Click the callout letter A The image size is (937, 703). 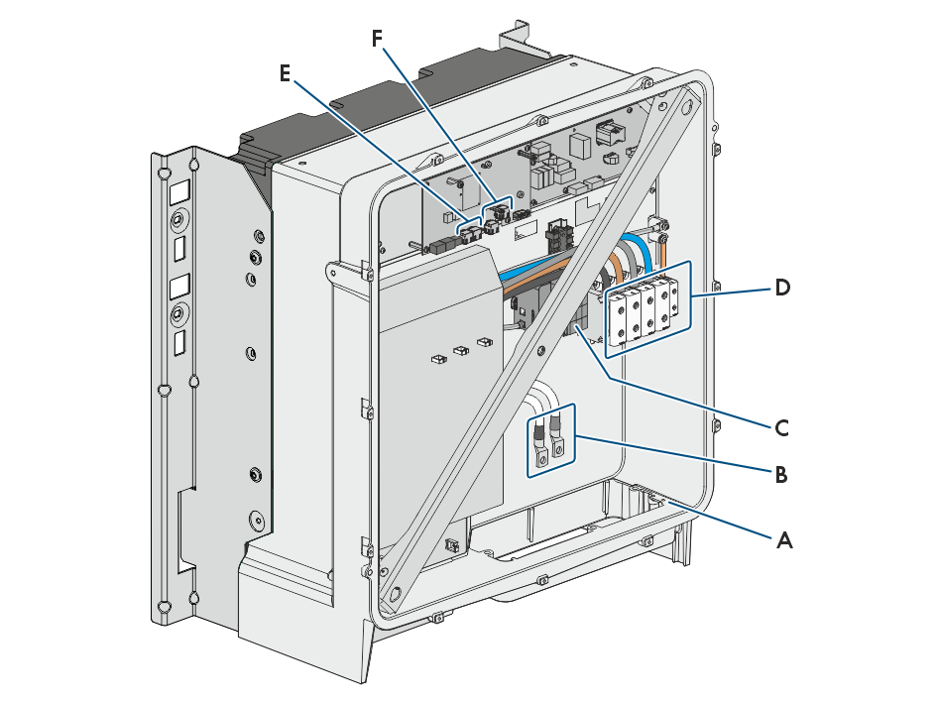pyautogui.click(x=784, y=540)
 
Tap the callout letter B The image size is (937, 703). pyautogui.click(x=781, y=475)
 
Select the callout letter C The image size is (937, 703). pyautogui.click(x=781, y=428)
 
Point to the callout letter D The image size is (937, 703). pyautogui.click(x=782, y=289)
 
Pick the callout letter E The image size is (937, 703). pyautogui.click(x=285, y=73)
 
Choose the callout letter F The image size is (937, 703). pyautogui.click(x=377, y=39)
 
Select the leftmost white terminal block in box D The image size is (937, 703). pyautogui.click(x=618, y=318)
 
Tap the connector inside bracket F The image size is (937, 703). pyautogui.click(x=497, y=211)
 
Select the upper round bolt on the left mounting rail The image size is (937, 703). pyautogui.click(x=177, y=221)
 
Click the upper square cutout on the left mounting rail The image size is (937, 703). pyautogui.click(x=179, y=192)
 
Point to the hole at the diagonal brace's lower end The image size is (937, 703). pyautogui.click(x=395, y=594)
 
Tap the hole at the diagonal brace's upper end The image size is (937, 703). pyautogui.click(x=687, y=106)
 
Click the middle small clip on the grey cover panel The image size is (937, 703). pyautogui.click(x=461, y=350)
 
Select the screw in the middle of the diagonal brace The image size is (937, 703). pyautogui.click(x=540, y=350)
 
